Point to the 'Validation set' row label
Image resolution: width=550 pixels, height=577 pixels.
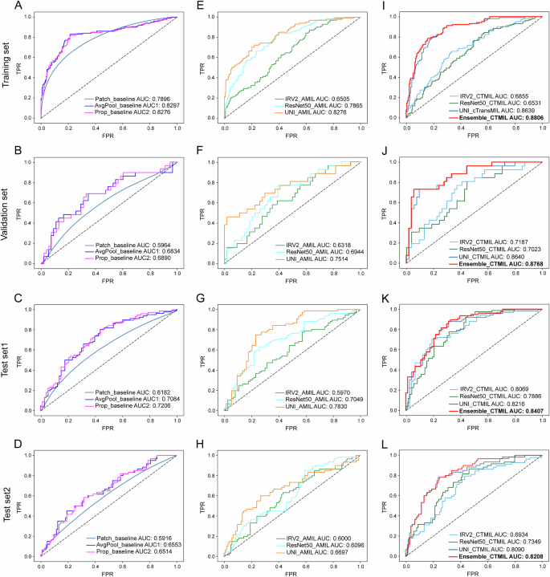[x=6, y=212]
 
